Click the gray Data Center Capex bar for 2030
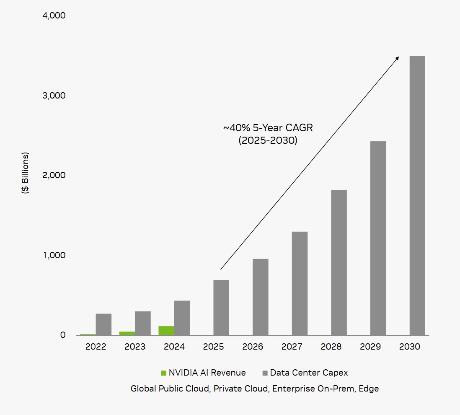[x=417, y=195]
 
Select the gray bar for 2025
[x=221, y=308]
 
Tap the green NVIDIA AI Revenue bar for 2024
[x=166, y=331]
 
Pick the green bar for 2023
[x=127, y=333]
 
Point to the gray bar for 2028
[x=339, y=262]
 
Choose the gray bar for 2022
[x=103, y=324]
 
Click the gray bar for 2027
[x=300, y=283]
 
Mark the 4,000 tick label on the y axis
[x=54, y=16]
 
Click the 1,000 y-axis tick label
[x=54, y=255]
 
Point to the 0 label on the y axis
[x=63, y=335]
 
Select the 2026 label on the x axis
[x=253, y=347]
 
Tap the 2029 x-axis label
[x=370, y=347]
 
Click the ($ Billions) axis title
[x=26, y=173]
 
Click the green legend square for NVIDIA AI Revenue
[x=164, y=373]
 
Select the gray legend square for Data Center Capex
[x=265, y=373]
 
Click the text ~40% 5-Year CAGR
[x=268, y=128]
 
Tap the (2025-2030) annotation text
[x=268, y=140]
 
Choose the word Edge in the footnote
[x=369, y=389]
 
